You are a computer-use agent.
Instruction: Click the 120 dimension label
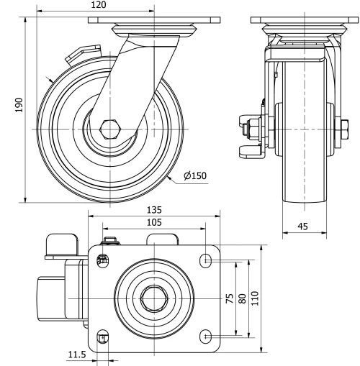point(98,6)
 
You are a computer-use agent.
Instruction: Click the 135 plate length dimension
point(154,210)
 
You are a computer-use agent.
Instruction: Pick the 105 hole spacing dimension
point(154,222)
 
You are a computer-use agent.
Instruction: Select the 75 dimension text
point(230,298)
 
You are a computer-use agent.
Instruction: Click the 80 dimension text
point(243,298)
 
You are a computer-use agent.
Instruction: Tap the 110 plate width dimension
point(256,298)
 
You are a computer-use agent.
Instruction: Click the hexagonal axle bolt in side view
point(110,129)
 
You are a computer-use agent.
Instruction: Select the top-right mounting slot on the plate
point(206,260)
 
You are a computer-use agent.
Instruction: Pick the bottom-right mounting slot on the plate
point(206,335)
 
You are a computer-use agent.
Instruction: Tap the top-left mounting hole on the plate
point(102,260)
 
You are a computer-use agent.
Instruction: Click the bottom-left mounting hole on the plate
point(102,336)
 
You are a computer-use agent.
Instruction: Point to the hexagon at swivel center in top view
point(153,297)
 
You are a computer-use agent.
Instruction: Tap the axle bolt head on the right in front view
point(338,129)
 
